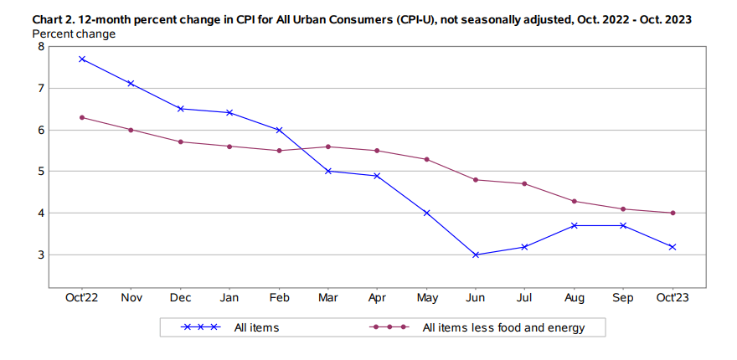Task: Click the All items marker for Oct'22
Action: (82, 59)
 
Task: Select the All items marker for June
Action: (476, 255)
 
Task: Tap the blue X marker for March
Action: (328, 171)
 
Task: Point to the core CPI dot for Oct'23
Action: (673, 213)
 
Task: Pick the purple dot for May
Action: (426, 159)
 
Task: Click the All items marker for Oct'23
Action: (673, 247)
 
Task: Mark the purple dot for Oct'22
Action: (82, 117)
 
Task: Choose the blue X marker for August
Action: (575, 225)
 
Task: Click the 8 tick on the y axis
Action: (40, 47)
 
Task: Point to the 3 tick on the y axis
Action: (40, 255)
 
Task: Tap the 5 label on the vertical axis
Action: (40, 172)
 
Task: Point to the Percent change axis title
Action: (74, 33)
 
